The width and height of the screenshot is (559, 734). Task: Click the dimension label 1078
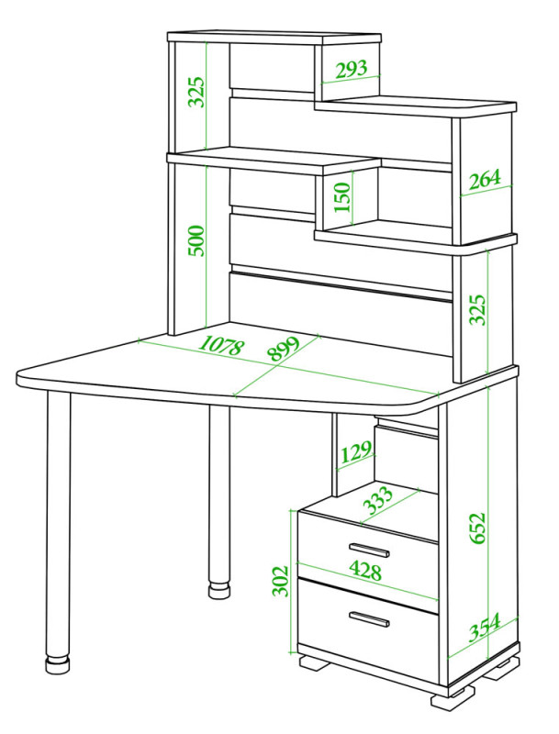[221, 347]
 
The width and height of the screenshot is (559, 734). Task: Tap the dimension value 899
[284, 349]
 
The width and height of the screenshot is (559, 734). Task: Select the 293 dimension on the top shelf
[352, 70]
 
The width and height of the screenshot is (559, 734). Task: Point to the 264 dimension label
[485, 179]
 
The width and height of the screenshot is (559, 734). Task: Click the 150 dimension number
[342, 197]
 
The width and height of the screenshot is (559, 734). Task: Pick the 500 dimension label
[196, 240]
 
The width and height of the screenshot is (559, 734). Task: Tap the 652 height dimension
[477, 528]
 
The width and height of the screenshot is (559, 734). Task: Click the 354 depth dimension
[485, 627]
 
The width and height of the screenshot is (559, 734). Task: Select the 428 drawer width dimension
[365, 571]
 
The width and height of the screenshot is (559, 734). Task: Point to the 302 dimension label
[281, 581]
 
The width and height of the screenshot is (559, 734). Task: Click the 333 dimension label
[378, 500]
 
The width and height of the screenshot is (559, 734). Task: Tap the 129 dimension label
[356, 451]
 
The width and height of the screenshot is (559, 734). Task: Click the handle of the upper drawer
[369, 550]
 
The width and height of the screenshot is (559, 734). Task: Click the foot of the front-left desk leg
[58, 664]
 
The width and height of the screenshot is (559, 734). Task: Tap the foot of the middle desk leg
[219, 590]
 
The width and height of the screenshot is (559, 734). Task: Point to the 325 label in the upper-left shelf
[196, 92]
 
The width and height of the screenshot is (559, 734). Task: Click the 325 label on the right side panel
[477, 309]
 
